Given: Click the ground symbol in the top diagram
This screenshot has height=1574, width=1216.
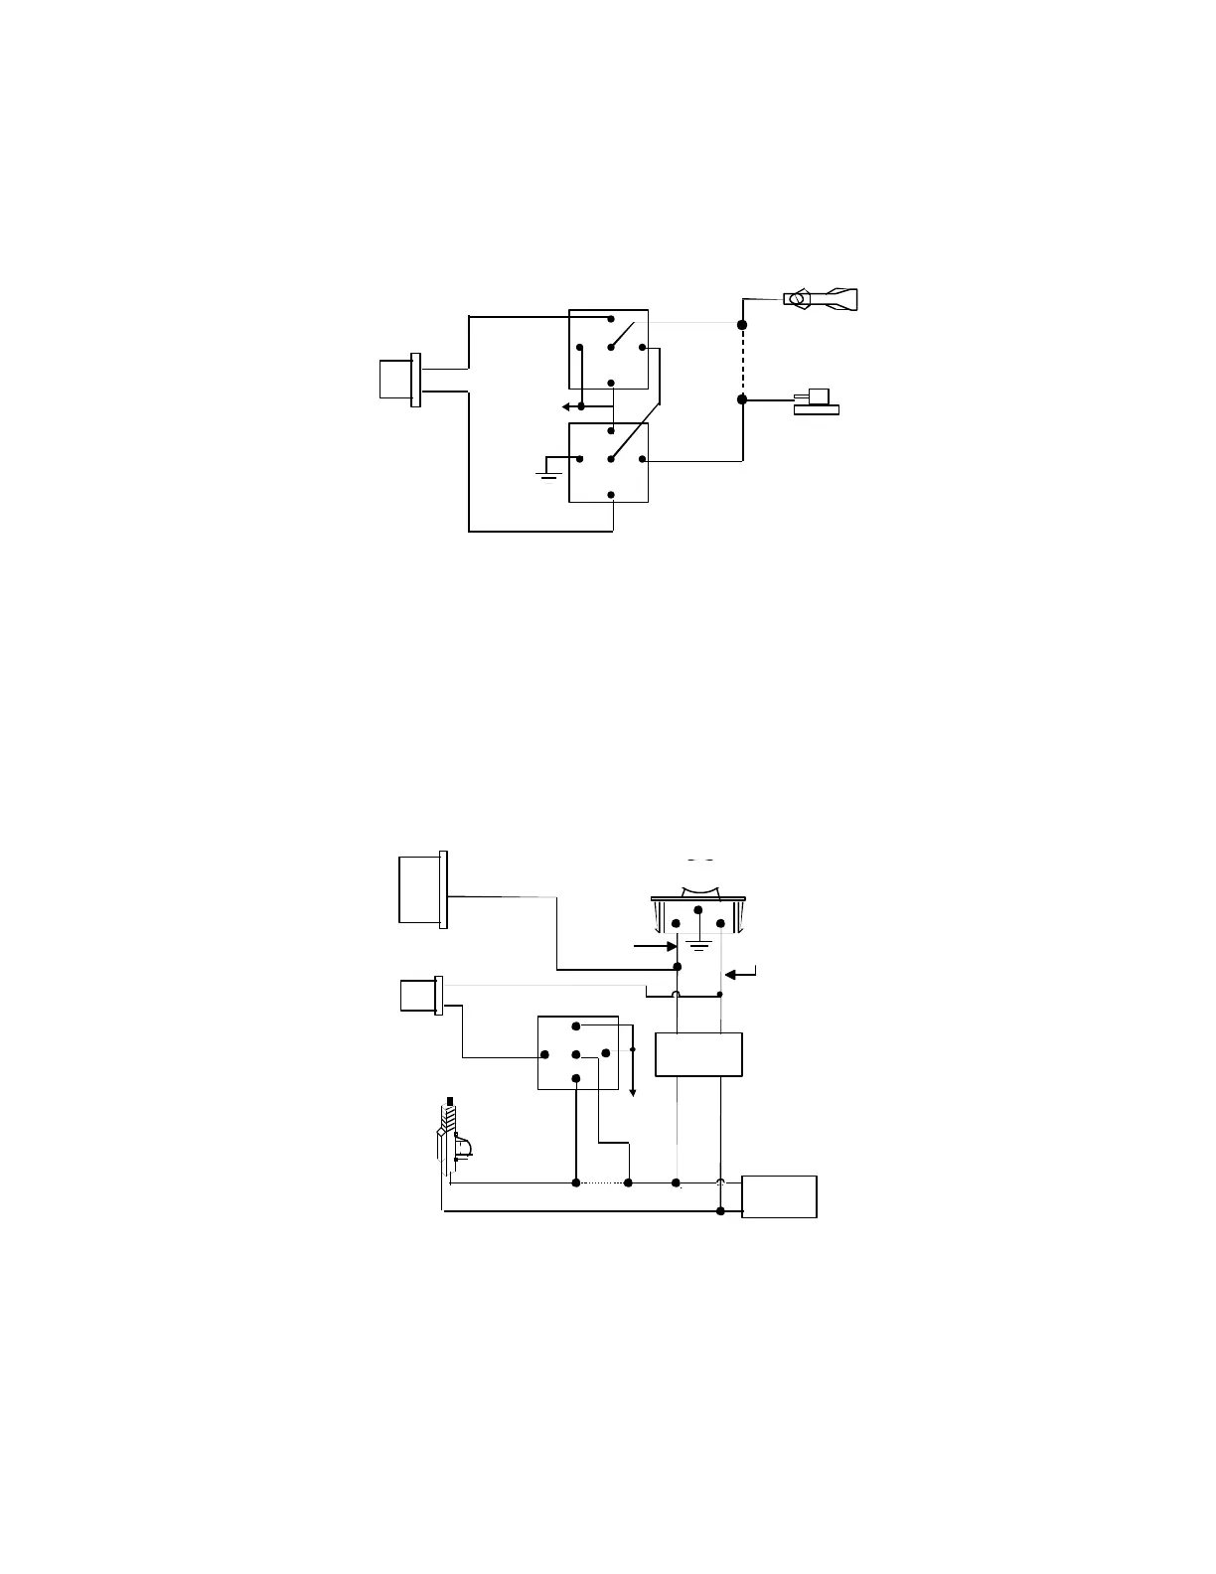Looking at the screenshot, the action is [547, 473].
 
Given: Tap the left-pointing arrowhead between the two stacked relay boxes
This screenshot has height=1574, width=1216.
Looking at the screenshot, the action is [564, 406].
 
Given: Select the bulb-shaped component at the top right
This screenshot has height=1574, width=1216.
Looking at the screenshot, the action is [821, 297].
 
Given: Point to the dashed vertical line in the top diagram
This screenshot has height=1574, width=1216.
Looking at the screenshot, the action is [742, 362].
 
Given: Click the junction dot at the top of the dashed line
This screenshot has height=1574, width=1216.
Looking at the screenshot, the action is [742, 325].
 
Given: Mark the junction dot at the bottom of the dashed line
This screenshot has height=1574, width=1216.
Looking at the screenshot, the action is [742, 399].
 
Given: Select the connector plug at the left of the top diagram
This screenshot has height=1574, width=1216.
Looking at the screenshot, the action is [398, 380].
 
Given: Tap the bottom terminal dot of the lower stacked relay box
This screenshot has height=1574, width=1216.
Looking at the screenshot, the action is [611, 495].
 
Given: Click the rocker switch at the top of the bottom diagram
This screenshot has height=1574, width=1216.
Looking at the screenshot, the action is [697, 905].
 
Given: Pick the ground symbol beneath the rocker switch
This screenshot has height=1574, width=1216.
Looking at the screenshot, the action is [698, 943].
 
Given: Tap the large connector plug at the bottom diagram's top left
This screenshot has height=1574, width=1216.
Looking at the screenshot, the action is [423, 888].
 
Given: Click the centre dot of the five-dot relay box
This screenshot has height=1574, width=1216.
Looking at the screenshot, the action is [576, 1053].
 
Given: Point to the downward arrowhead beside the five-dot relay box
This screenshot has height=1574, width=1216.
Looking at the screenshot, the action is [634, 1090].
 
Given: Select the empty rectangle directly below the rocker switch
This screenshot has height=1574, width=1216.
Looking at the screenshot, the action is [698, 1054].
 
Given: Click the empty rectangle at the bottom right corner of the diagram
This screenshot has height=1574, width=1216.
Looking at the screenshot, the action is [780, 1196].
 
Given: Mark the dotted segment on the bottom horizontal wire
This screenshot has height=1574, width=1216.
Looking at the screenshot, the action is [602, 1183].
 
